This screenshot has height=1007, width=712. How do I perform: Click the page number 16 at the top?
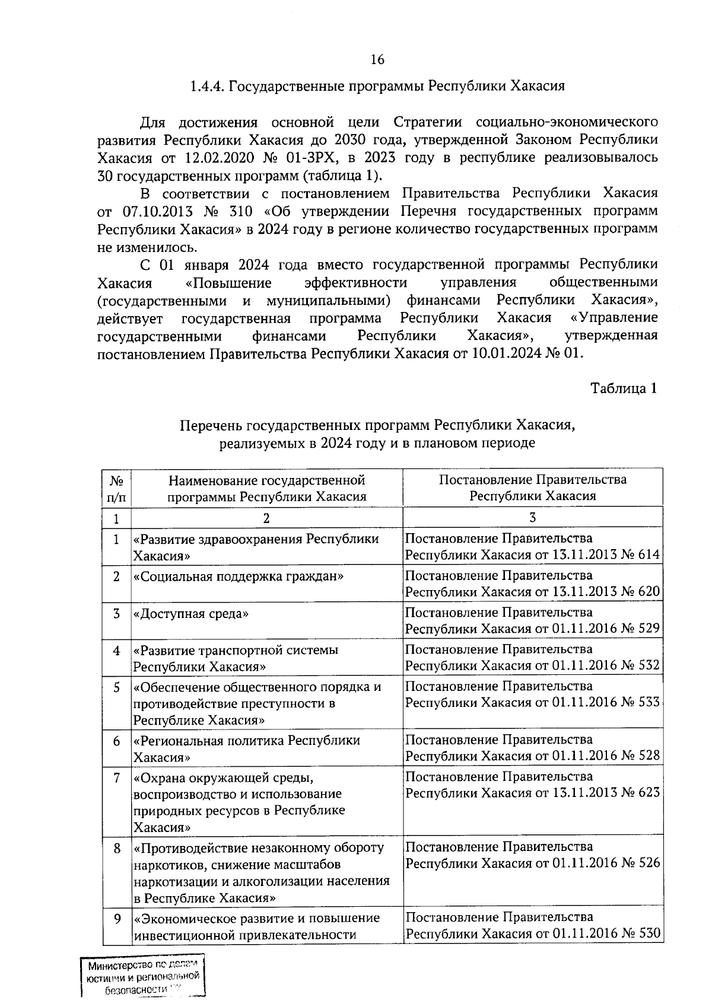coord(377,59)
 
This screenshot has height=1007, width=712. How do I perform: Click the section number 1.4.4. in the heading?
coord(207,87)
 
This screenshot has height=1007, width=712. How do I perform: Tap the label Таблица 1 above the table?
coord(624,388)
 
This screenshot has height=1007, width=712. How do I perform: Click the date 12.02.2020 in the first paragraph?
coord(199,158)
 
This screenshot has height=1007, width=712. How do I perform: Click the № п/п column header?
coord(116,487)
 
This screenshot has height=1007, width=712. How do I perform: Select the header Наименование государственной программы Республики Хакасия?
coord(266,487)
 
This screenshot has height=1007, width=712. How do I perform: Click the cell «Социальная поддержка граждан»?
coord(239,576)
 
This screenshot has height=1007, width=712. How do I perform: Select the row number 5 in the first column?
coord(117,687)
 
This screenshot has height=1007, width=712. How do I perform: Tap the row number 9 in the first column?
coord(117,919)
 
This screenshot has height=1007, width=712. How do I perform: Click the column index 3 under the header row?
coord(532,518)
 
